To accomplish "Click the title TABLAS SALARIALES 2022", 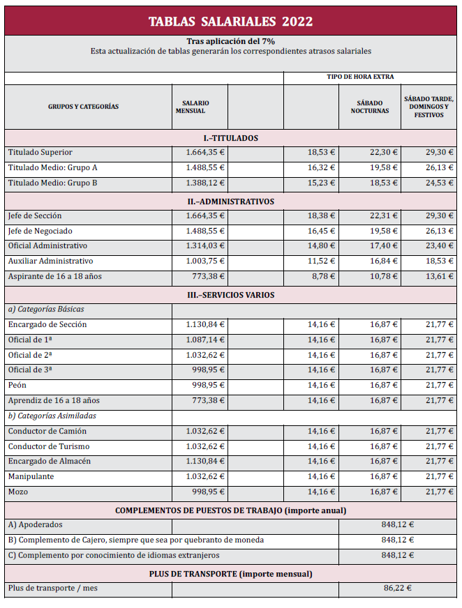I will [x=230, y=22].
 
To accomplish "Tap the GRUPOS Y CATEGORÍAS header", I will [x=83, y=107].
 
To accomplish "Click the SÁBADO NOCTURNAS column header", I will [x=370, y=107].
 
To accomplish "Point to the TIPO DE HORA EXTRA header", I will [x=370, y=77].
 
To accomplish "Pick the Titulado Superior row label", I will [x=40, y=153].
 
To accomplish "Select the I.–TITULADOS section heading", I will [x=230, y=138].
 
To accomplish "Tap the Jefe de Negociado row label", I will [x=40, y=231].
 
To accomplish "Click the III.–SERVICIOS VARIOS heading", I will [x=230, y=294].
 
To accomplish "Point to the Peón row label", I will [x=18, y=385].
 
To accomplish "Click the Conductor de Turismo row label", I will [x=49, y=446].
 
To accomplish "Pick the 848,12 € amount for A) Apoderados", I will [x=398, y=524].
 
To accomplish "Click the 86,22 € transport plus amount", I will [x=398, y=588].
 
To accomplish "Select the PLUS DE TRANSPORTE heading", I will [x=230, y=574].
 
